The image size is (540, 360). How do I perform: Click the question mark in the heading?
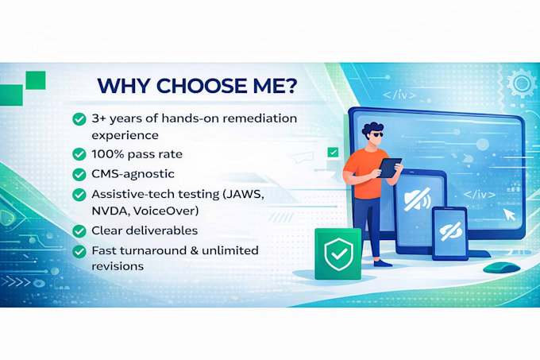pyautogui.click(x=291, y=86)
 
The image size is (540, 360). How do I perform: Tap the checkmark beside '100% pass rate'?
pyautogui.click(x=79, y=154)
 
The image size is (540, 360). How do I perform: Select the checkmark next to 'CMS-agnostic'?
pyautogui.click(x=79, y=174)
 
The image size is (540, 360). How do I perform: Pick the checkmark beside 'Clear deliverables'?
pyautogui.click(x=79, y=230)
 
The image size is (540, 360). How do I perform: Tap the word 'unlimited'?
pyautogui.click(x=230, y=250)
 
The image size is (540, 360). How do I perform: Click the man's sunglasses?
pyautogui.click(x=376, y=134)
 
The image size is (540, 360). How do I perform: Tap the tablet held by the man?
pyautogui.click(x=390, y=168)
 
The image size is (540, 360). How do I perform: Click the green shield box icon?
pyautogui.click(x=338, y=254)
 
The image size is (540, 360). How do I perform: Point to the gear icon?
pyautogui.click(x=522, y=83)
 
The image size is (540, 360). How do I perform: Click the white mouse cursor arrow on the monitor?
pyautogui.click(x=509, y=215)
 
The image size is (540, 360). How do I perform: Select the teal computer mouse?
pyautogui.click(x=501, y=267)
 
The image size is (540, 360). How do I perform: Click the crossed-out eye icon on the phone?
pyautogui.click(x=450, y=231)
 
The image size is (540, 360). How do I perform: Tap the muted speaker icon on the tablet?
pyautogui.click(x=418, y=199)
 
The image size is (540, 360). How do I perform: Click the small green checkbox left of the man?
pyautogui.click(x=333, y=152)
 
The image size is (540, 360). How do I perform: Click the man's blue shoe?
pyautogui.click(x=383, y=263)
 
